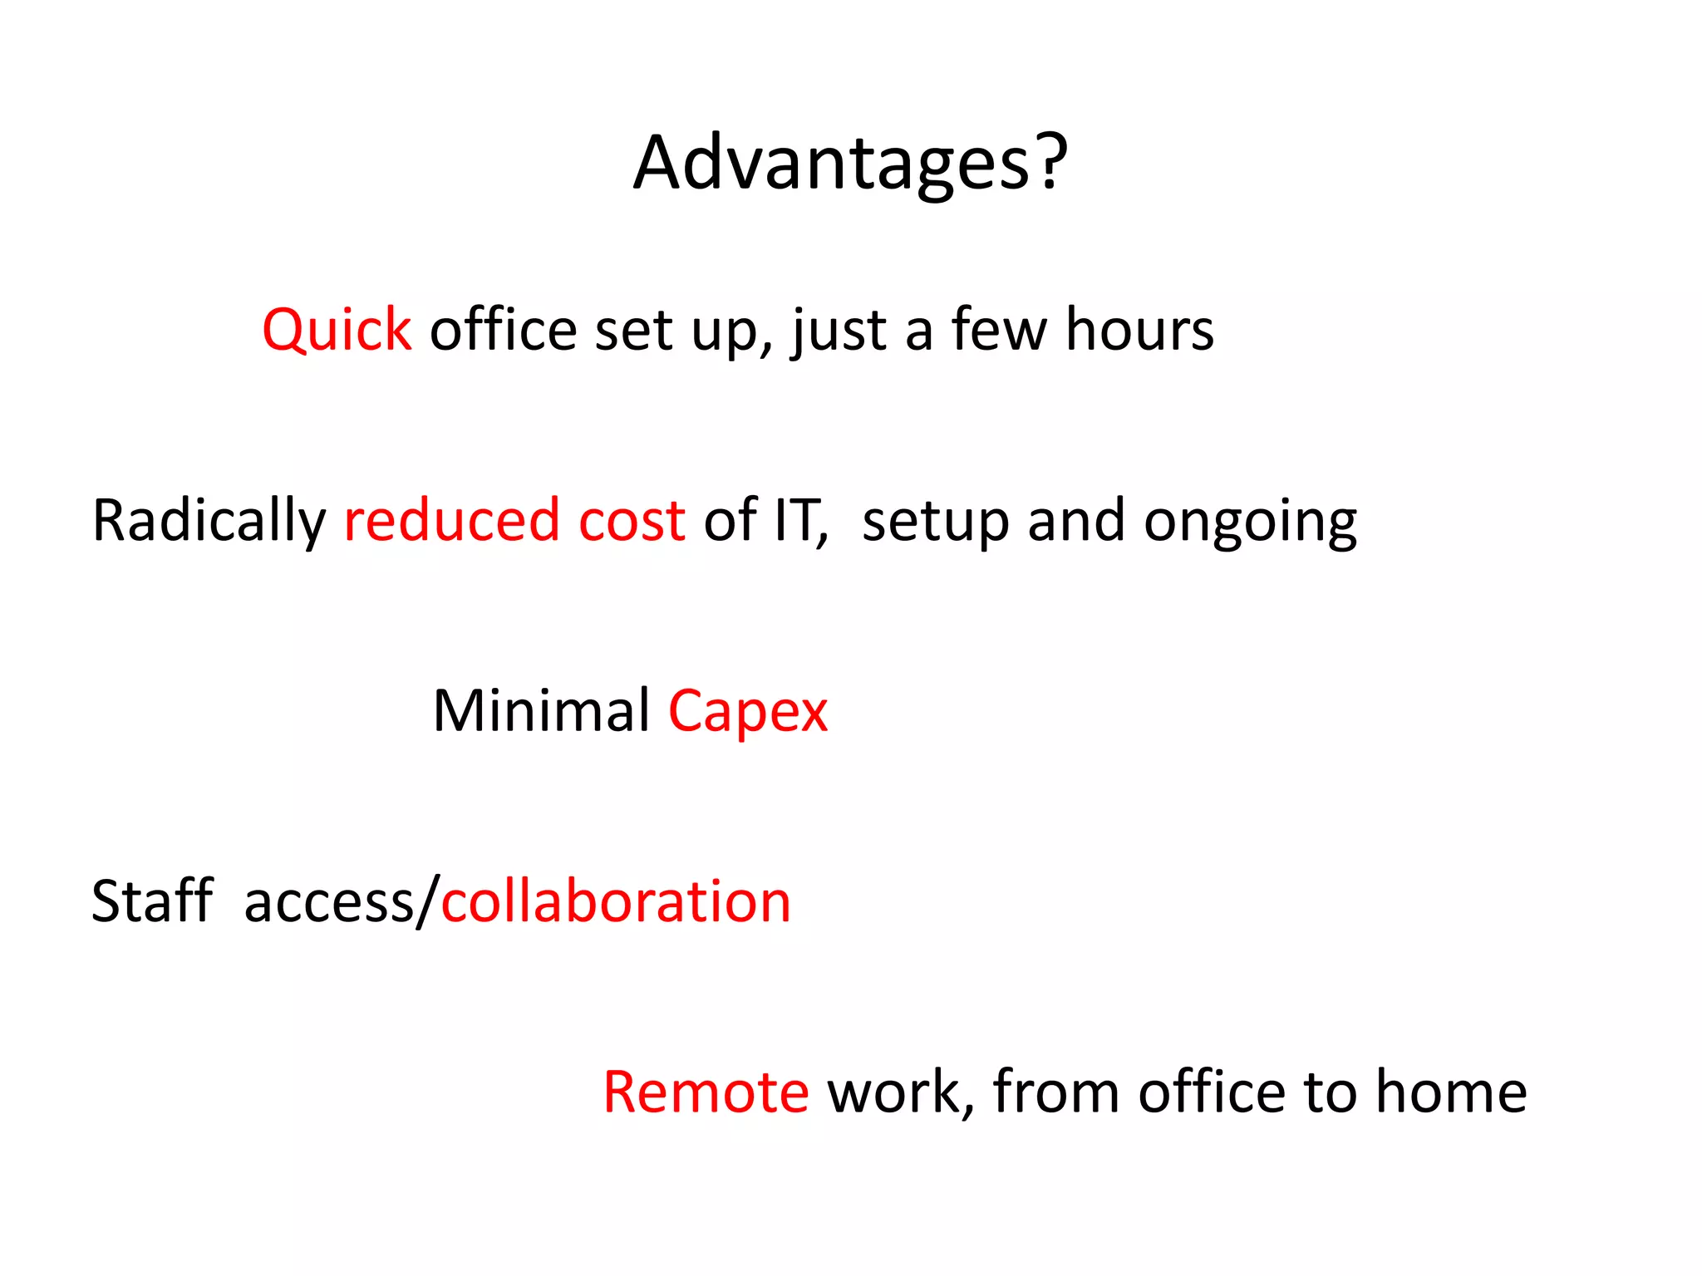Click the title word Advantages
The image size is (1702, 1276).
pyautogui.click(x=831, y=164)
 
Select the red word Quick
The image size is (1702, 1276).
pyautogui.click(x=337, y=330)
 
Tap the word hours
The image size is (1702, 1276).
pyautogui.click(x=1139, y=330)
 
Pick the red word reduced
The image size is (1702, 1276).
pyautogui.click(x=452, y=521)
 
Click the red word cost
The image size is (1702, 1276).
pyautogui.click(x=632, y=521)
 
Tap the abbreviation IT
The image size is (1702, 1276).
pyautogui.click(x=798, y=521)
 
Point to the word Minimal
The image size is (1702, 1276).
pyautogui.click(x=542, y=711)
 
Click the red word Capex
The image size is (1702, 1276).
pyautogui.click(x=748, y=713)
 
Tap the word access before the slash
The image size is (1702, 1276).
pyautogui.click(x=329, y=902)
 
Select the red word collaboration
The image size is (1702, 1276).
pyautogui.click(x=616, y=902)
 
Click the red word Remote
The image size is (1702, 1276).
pyautogui.click(x=706, y=1092)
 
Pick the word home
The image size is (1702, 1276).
pyautogui.click(x=1451, y=1092)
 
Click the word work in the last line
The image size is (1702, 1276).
pyautogui.click(x=896, y=1092)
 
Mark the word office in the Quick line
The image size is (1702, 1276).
pyautogui.click(x=503, y=330)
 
